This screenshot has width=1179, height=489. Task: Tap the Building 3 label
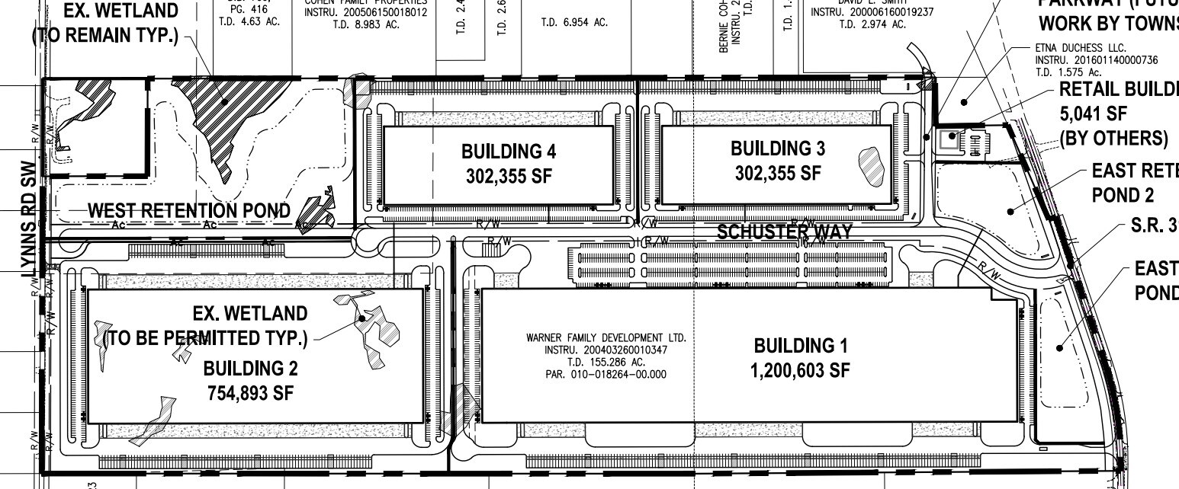pos(777,148)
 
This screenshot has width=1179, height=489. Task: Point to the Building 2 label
pos(250,369)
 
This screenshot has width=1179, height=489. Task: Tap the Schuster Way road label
pos(784,232)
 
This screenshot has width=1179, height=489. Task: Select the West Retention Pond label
pos(189,210)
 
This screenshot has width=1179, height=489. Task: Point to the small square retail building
pos(950,139)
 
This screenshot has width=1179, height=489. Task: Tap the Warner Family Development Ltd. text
pos(606,337)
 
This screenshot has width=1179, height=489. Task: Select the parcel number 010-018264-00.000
pos(606,374)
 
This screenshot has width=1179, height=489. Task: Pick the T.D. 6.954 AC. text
pos(574,23)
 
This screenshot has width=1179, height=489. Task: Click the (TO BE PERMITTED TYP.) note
pos(206,338)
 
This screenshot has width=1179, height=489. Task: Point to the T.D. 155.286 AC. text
pos(606,362)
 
